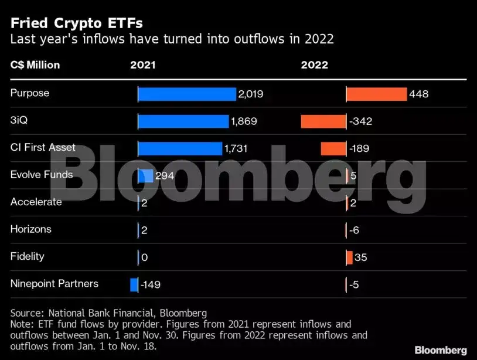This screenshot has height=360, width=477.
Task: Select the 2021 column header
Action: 143,65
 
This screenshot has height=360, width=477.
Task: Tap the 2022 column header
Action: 315,65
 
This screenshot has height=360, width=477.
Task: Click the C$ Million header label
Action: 35,65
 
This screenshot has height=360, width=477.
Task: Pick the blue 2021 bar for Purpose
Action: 187,94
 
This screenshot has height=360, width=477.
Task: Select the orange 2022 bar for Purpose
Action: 376,94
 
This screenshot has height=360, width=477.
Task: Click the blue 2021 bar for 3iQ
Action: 183,121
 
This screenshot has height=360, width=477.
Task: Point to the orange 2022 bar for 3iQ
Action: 323,121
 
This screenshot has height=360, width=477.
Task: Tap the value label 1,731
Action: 236,149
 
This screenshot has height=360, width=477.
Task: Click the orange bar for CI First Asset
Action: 333,149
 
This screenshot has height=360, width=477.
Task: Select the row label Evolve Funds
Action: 42,175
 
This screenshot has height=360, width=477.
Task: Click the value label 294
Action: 165,176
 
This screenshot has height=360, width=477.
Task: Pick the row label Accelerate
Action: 36,202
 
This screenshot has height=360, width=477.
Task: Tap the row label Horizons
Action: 30,229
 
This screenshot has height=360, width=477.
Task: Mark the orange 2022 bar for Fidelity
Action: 349,257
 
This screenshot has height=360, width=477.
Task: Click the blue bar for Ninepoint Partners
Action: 134,285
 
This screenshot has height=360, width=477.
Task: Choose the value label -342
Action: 360,122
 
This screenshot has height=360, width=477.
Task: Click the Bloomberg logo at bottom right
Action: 441,350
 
